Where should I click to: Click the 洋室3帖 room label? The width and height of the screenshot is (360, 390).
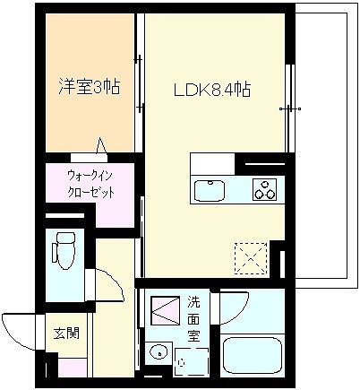click(90, 87)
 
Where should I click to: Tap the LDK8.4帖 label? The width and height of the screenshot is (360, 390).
click(212, 90)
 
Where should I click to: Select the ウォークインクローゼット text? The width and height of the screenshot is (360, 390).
click(90, 184)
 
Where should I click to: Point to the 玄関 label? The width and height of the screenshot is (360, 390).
click(66, 333)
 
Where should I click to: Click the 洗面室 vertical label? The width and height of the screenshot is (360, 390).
click(193, 319)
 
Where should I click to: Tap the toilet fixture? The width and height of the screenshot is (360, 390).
click(64, 250)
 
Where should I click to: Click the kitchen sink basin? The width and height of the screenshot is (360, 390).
click(210, 190)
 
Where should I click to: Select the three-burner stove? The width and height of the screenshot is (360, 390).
click(264, 189)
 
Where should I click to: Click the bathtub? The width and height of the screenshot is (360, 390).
click(253, 356)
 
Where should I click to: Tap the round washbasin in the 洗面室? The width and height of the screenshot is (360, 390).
click(158, 353)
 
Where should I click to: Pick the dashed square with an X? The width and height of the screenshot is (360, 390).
click(251, 258)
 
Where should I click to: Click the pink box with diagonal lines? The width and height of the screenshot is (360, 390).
click(165, 310)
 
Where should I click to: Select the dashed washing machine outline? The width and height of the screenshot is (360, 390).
click(191, 362)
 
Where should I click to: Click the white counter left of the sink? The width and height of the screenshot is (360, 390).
click(212, 164)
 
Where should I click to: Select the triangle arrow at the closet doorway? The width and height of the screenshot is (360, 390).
click(101, 146)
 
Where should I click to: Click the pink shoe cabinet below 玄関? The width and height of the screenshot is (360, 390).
click(73, 368)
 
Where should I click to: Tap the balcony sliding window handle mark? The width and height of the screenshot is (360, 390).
click(290, 109)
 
